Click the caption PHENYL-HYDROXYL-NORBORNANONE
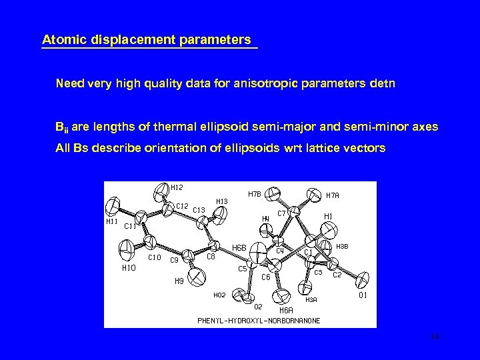coord(259,321)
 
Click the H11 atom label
coord(114,221)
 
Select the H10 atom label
coord(129,268)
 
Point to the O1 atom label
coord(364,294)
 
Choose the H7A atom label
coord(332,195)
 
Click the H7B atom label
coord(254,195)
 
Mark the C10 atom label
coord(154,257)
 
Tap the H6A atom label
coord(286,310)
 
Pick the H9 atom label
coord(179,281)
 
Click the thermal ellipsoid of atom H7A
coord(313,195)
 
